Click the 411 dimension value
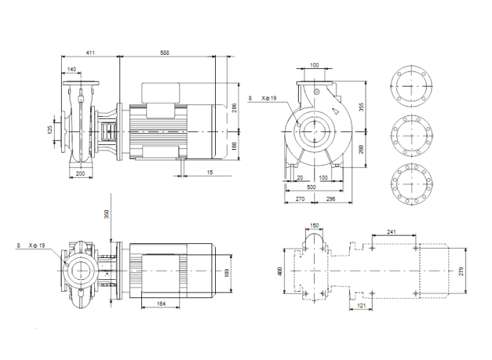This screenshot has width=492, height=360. pyautogui.click(x=90, y=53)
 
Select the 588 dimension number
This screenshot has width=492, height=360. pyautogui.click(x=165, y=53)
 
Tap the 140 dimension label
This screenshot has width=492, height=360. pyautogui.click(x=72, y=69)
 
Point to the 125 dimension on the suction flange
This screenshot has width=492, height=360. pyautogui.click(x=50, y=131)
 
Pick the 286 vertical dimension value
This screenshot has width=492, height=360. pyautogui.click(x=235, y=108)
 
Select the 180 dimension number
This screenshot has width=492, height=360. pyautogui.click(x=235, y=146)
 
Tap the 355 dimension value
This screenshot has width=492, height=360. pyautogui.click(x=363, y=107)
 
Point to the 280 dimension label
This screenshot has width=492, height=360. pyautogui.click(x=363, y=149)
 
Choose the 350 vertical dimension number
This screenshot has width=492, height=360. pyautogui.click(x=108, y=215)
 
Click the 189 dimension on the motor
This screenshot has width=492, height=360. pyautogui.click(x=226, y=272)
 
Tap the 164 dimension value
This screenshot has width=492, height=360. pyautogui.click(x=161, y=304)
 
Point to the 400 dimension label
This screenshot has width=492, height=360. pyautogui.click(x=279, y=271)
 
